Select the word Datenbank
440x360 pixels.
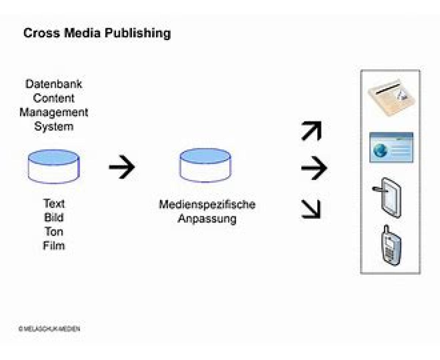pyautogui.click(x=54, y=84)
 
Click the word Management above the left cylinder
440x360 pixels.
pyautogui.click(x=54, y=112)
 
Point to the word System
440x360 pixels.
pyautogui.click(x=54, y=127)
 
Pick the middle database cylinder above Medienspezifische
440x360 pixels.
pyautogui.click(x=205, y=165)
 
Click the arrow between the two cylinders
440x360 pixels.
pyautogui.click(x=122, y=167)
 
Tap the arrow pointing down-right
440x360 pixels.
pyautogui.click(x=311, y=209)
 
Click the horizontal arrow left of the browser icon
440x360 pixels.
pyautogui.click(x=314, y=168)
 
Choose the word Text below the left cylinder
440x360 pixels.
pyautogui.click(x=54, y=203)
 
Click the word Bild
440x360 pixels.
pyautogui.click(x=54, y=218)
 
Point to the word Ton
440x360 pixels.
pyautogui.click(x=54, y=232)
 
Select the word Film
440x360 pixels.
pyautogui.click(x=54, y=246)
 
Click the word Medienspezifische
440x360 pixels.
pyautogui.click(x=207, y=205)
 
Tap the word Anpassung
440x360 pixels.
pyautogui.click(x=207, y=219)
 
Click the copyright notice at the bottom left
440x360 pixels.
pyautogui.click(x=49, y=328)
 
